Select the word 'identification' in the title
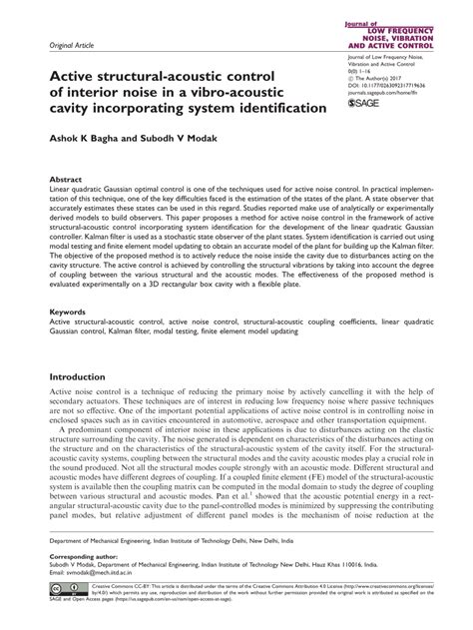pyautogui.click(x=270, y=108)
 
